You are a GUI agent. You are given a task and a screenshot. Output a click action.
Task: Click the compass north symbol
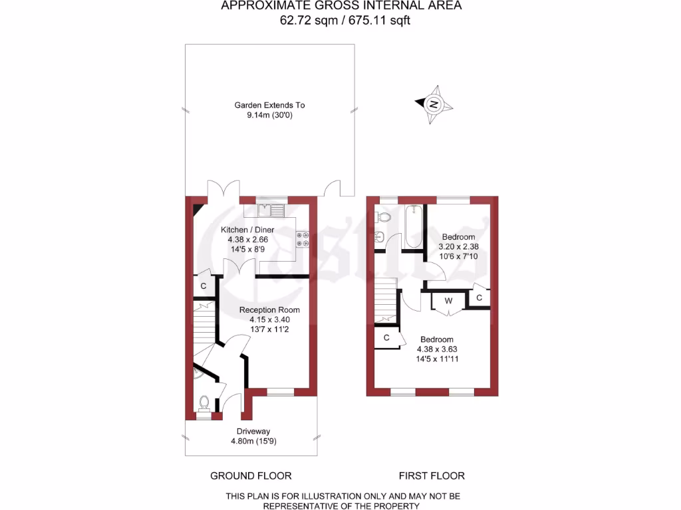tap(434, 104)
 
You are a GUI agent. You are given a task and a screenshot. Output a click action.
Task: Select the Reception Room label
tap(269, 309)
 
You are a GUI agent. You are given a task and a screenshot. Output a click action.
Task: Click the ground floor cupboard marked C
tap(203, 286)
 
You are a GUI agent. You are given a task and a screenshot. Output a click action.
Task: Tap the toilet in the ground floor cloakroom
tap(205, 402)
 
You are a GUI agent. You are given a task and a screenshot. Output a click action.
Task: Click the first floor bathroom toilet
tap(382, 216)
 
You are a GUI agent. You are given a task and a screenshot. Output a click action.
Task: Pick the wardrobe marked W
tap(448, 301)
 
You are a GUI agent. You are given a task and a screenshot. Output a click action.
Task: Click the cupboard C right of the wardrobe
tap(479, 299)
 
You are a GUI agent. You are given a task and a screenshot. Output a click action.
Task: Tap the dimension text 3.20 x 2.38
tap(458, 246)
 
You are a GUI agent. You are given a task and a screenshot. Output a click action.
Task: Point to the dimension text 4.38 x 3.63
tap(437, 349)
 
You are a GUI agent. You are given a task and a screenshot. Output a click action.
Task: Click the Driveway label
tap(250, 431)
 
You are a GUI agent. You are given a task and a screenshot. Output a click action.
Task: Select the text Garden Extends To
tap(269, 105)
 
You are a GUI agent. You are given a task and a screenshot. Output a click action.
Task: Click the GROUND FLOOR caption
tap(251, 475)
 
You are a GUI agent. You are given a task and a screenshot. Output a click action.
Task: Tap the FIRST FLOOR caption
tap(432, 475)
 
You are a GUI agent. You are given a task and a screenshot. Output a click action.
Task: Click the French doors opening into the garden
tap(222, 189)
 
